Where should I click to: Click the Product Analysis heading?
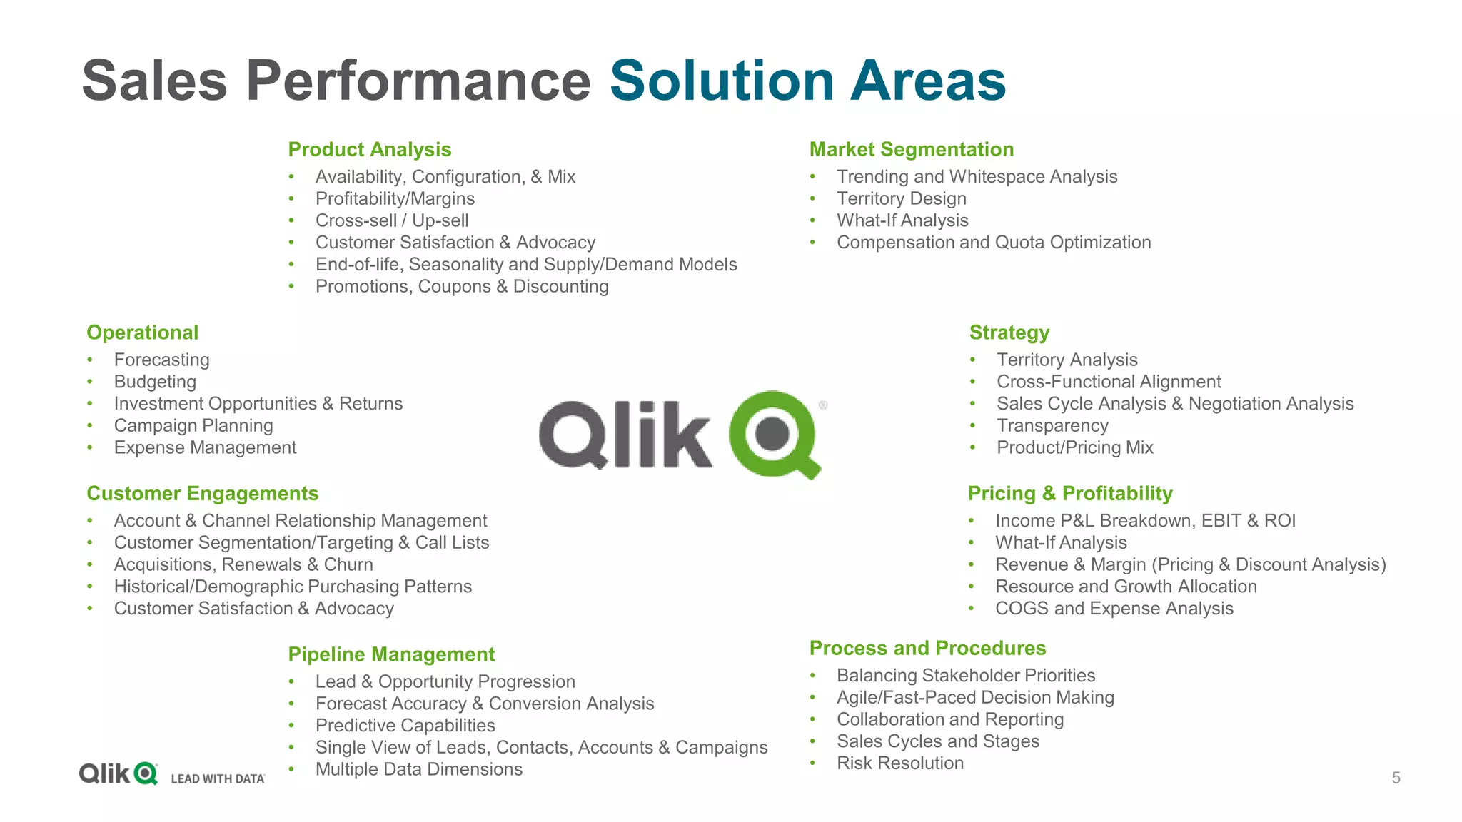(x=369, y=150)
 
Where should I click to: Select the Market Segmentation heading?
(x=911, y=150)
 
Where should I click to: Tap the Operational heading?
(x=142, y=333)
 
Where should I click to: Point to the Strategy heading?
(x=1009, y=333)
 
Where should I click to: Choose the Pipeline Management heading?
(x=391, y=654)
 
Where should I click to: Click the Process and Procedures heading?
(x=927, y=648)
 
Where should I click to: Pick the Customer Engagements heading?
(x=202, y=494)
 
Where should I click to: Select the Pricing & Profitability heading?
(x=1069, y=494)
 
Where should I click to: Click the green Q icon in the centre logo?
(x=774, y=434)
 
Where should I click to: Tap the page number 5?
(x=1396, y=778)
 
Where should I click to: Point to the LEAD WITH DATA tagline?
(x=218, y=778)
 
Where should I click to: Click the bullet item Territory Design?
(x=901, y=198)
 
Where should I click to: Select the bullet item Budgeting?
(x=155, y=382)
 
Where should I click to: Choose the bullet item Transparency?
(x=1052, y=426)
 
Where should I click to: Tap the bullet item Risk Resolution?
(x=899, y=763)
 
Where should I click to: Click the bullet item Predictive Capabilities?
(x=405, y=726)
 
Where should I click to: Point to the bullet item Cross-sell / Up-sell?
(x=392, y=220)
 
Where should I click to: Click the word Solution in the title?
(x=722, y=81)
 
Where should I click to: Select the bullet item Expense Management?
(x=205, y=447)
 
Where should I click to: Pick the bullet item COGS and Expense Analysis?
(x=1114, y=609)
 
